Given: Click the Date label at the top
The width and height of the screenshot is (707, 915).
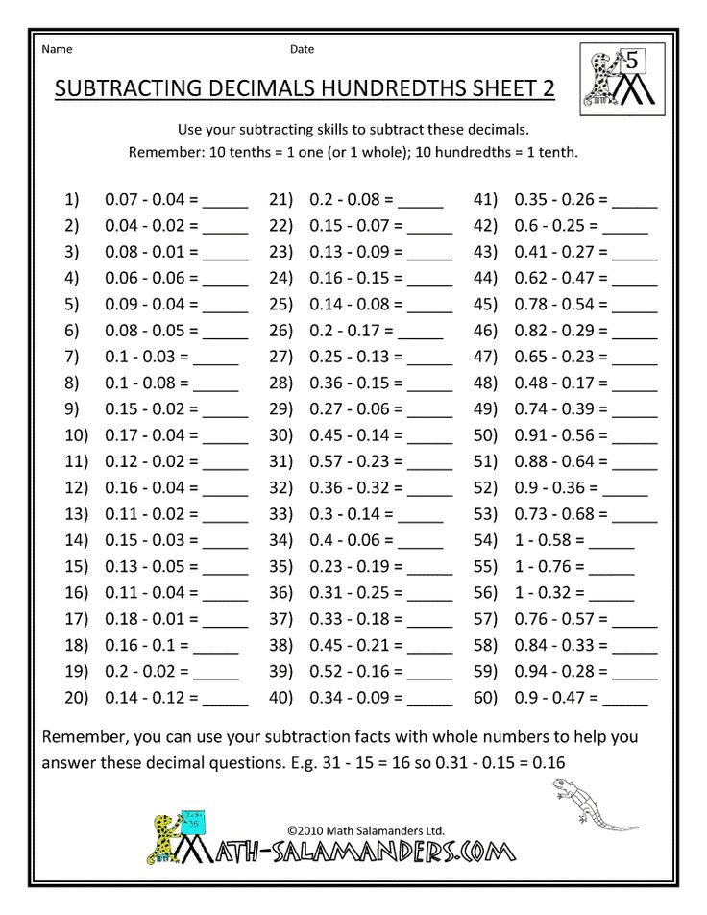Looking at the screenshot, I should [302, 49].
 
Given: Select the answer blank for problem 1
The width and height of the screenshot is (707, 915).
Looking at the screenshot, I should [226, 206].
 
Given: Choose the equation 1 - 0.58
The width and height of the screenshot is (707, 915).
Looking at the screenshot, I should [550, 541].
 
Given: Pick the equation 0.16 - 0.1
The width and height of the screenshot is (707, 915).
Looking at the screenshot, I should [143, 645].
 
